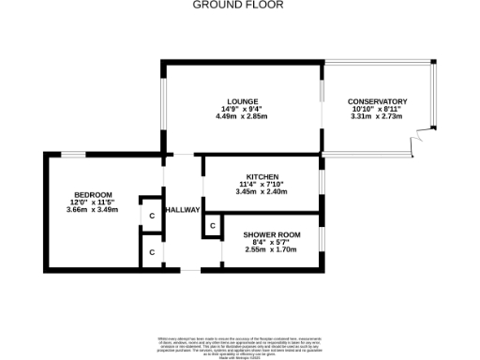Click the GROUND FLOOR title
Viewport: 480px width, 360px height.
(238, 5)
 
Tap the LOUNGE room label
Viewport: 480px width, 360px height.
(242, 101)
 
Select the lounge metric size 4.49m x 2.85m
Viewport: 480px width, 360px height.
(242, 116)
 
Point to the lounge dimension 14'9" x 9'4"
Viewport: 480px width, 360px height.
(242, 109)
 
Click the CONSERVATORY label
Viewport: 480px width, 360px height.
(377, 101)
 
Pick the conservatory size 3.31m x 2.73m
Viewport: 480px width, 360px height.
(377, 116)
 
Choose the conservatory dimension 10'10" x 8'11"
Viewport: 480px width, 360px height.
(377, 109)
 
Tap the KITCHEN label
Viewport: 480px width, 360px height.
(262, 176)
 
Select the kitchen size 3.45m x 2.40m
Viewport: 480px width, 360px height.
(262, 191)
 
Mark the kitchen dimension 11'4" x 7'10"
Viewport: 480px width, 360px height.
(262, 184)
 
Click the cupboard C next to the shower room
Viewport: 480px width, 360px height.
(213, 226)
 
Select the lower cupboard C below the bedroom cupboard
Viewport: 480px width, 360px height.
(151, 252)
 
